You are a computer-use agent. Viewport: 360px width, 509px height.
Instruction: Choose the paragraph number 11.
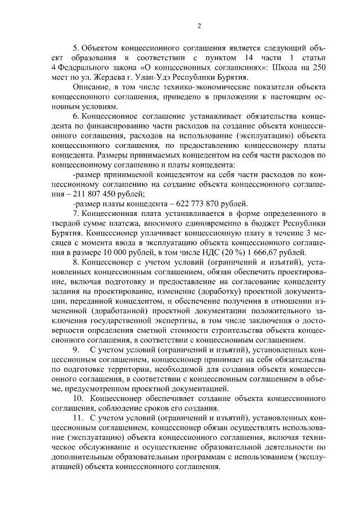click(x=78, y=418)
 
